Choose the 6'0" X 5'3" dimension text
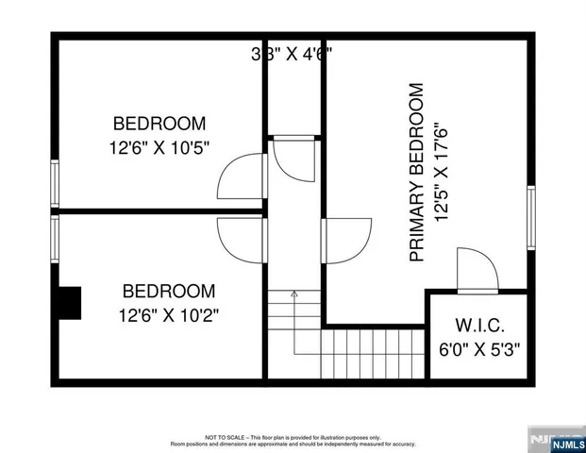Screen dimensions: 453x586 (x=480, y=347)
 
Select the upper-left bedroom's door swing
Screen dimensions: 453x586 (x=240, y=174)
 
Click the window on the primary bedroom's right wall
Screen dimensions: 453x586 (x=531, y=218)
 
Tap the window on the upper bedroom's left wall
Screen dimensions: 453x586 (x=55, y=183)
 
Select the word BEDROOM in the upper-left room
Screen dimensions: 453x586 (x=159, y=124)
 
